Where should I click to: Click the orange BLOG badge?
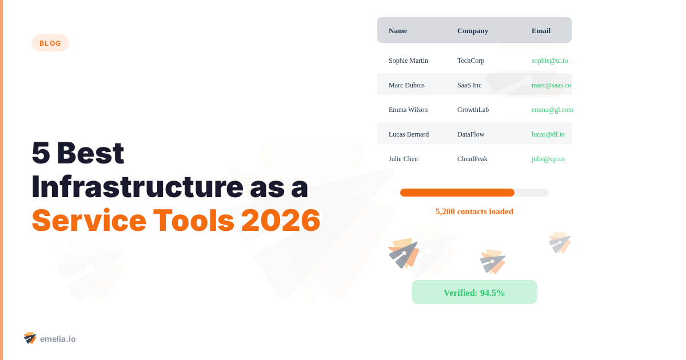coord(50,43)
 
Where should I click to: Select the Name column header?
coord(398,31)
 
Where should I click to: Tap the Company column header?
coord(473,31)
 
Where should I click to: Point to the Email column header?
coord(541,31)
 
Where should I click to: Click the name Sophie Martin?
coord(408,61)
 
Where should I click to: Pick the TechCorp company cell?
coord(470,61)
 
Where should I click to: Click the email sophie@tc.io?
coord(549,61)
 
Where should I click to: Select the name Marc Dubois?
coord(406,85)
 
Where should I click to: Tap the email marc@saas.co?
coord(551,85)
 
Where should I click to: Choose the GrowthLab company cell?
coord(473,110)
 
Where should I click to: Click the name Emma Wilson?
coord(408,110)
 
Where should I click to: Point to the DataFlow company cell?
coord(470,134)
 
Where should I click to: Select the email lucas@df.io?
coord(548,134)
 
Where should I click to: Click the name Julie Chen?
coord(403,159)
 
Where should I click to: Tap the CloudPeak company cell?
coord(472,159)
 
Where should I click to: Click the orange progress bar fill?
coord(457,193)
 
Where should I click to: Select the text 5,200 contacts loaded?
coord(474,211)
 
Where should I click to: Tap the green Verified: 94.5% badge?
coord(474,293)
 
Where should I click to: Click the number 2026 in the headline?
coord(281,221)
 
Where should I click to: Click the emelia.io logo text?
coord(58,339)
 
